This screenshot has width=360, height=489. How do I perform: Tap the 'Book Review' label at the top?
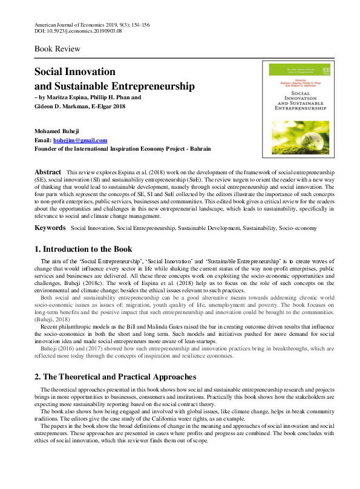[x=57, y=48]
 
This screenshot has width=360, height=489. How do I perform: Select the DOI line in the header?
[x=78, y=31]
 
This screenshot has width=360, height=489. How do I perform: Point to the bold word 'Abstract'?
[x=48, y=172]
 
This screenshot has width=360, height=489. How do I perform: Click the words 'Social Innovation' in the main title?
[x=74, y=72]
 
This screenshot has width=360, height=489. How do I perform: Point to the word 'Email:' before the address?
[x=44, y=140]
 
